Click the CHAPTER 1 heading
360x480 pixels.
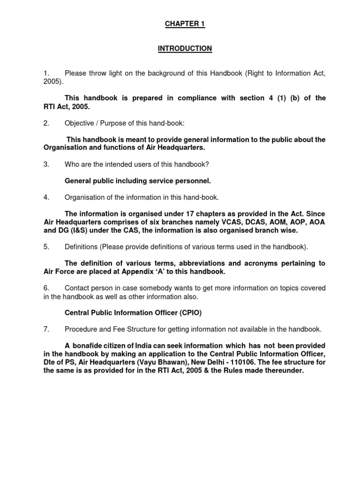click(x=185, y=24)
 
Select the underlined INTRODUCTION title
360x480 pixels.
click(x=185, y=49)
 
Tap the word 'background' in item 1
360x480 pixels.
click(x=161, y=73)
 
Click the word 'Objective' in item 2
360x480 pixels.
click(x=80, y=123)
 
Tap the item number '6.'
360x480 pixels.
click(x=46, y=288)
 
